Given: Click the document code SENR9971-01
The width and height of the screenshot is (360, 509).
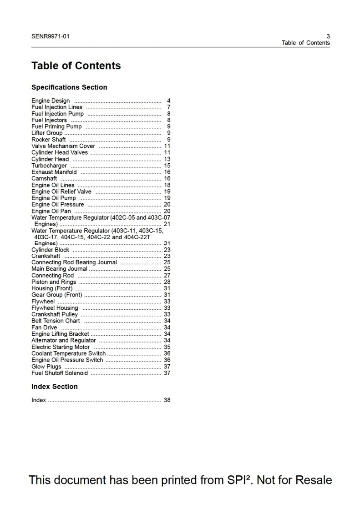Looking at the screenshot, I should point(51,36).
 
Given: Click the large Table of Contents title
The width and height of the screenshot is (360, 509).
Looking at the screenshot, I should point(76,66).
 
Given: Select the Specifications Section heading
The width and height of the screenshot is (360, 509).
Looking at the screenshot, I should point(69,87).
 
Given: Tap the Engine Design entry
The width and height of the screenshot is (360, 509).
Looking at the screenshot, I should point(51,101).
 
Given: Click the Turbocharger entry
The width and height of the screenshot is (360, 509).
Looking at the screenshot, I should point(49,166).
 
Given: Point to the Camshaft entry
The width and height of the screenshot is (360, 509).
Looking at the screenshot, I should point(44,179).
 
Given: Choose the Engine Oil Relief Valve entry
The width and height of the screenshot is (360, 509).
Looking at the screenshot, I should point(61,192).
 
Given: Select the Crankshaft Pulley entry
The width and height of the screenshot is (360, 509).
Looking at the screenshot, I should point(55,314).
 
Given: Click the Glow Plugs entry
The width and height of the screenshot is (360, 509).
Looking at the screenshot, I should point(46,367).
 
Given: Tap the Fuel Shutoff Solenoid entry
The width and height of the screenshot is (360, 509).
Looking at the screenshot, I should point(60,373).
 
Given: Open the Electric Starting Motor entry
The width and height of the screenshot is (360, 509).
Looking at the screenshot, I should point(61,347).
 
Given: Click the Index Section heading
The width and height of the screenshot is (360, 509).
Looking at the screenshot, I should point(55,386).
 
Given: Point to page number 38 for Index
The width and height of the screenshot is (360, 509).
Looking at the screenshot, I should point(167,400).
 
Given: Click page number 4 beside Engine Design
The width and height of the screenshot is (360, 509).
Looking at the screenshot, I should point(169,101).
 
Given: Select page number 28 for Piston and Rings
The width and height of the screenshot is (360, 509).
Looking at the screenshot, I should point(167,282).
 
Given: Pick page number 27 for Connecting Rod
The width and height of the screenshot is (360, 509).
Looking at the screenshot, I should point(167,275).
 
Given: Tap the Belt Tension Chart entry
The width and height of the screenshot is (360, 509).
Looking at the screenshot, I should point(56,321).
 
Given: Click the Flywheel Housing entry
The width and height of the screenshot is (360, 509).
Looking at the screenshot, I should point(55,308).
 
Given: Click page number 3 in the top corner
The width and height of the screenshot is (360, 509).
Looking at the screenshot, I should point(328,36).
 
